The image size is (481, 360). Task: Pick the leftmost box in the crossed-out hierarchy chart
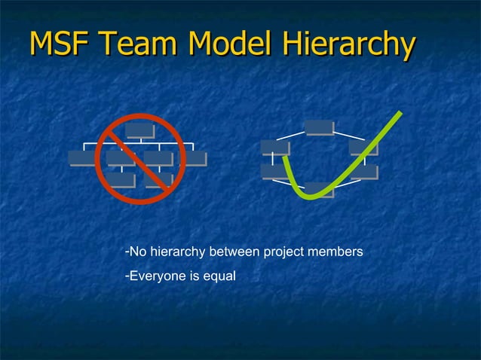(81, 157)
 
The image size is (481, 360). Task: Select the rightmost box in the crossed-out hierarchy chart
(196, 158)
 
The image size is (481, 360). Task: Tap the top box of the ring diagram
(320, 127)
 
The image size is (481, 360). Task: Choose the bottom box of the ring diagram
(320, 190)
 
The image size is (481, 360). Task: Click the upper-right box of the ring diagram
(363, 147)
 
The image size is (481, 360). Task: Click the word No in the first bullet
(138, 251)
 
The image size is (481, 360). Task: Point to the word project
(283, 252)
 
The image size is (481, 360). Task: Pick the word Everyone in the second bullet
(155, 276)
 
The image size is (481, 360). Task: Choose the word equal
(219, 277)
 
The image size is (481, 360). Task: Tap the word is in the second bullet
(193, 276)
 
